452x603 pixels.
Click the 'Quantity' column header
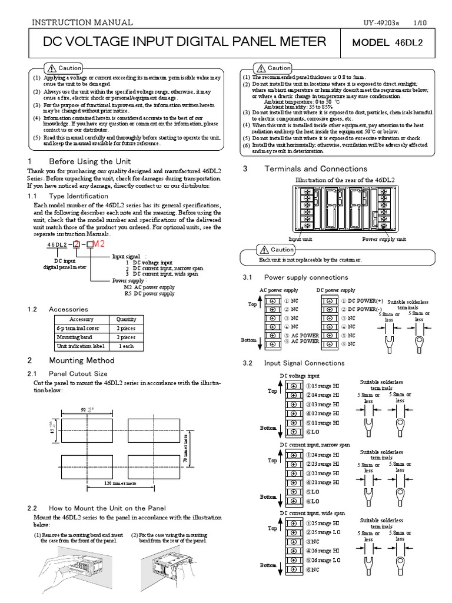127,319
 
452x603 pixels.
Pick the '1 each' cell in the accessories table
127,347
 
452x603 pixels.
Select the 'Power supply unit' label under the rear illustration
384,240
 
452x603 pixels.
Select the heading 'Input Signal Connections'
304,363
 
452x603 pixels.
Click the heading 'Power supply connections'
306,277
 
